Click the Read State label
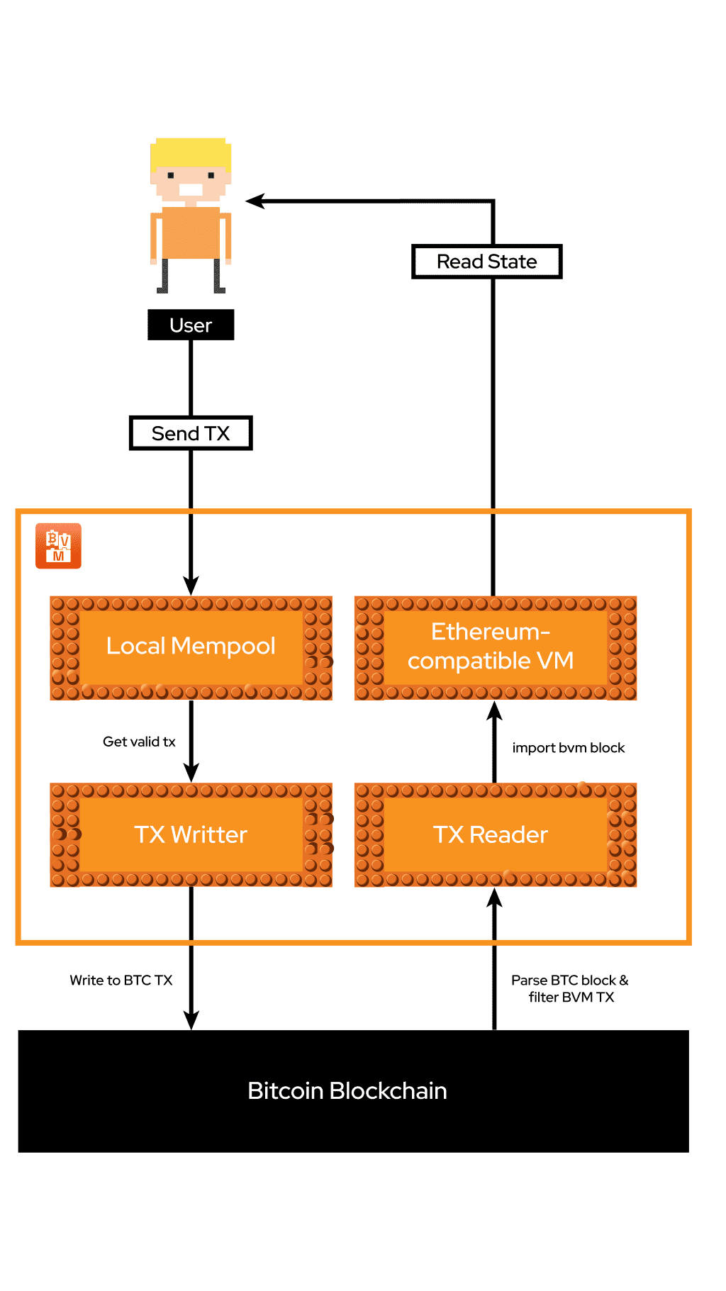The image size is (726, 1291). click(486, 262)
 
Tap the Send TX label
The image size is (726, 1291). click(191, 433)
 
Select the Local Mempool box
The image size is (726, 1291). click(191, 647)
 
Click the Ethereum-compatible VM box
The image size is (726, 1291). click(495, 647)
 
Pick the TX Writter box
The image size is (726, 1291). click(191, 834)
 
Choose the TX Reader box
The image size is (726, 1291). click(495, 834)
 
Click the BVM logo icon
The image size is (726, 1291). click(58, 546)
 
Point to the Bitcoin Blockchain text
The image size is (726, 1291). click(347, 1090)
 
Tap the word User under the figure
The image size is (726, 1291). click(191, 325)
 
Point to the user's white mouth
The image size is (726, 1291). click(191, 189)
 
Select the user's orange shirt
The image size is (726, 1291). click(191, 233)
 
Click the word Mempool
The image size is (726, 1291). click(223, 646)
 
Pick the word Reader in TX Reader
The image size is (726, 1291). click(508, 834)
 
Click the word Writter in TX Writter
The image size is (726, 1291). click(209, 834)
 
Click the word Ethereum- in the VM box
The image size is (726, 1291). click(490, 631)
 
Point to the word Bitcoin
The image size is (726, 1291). click(285, 1090)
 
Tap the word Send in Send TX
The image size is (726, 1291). click(175, 433)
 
